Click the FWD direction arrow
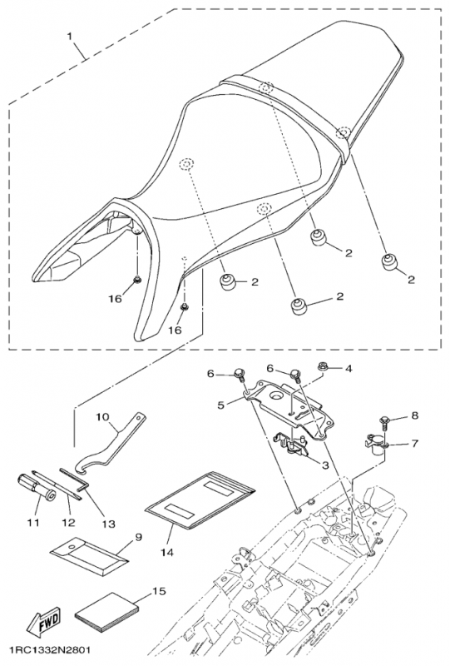44,619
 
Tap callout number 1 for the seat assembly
70,37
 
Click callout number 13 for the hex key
109,524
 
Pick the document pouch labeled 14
200,502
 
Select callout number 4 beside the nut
349,369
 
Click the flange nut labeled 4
322,366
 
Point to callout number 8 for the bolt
415,415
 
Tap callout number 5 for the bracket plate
220,405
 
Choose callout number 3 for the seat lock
325,465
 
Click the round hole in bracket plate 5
278,396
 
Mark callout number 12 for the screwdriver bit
68,522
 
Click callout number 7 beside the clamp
415,444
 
